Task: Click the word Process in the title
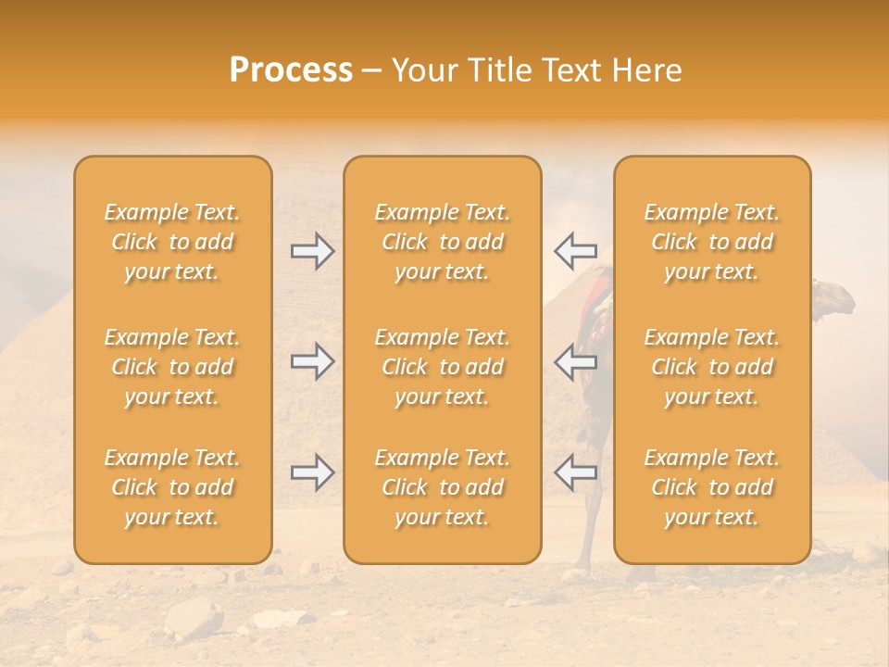(x=291, y=70)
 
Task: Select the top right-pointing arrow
(x=313, y=250)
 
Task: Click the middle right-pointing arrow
(x=313, y=360)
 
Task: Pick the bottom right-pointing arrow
(x=313, y=472)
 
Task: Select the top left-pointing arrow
(x=575, y=250)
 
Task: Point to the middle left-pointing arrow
(x=575, y=360)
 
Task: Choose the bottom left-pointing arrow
(x=575, y=472)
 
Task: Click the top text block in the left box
(x=172, y=242)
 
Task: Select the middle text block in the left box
(x=172, y=367)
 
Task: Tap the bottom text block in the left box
(x=172, y=487)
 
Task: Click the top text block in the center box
(x=442, y=242)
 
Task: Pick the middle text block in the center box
(x=442, y=367)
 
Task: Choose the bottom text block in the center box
(x=442, y=487)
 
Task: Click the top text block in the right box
(x=711, y=242)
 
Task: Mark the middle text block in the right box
(x=711, y=367)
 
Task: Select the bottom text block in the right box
(x=711, y=487)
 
